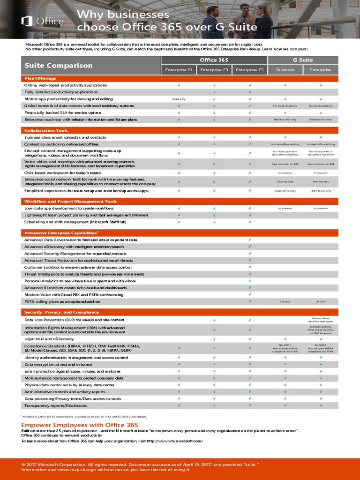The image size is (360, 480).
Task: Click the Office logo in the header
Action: pyautogui.click(x=42, y=21)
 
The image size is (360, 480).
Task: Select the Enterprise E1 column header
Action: pyautogui.click(x=179, y=70)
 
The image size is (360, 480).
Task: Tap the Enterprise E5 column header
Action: pyautogui.click(x=250, y=70)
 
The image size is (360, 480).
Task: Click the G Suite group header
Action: pyautogui.click(x=303, y=60)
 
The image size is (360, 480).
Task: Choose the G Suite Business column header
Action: pyautogui.click(x=285, y=70)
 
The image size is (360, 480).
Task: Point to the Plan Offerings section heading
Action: pyautogui.click(x=40, y=78)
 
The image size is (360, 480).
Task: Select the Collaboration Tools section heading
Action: pyautogui.click(x=46, y=130)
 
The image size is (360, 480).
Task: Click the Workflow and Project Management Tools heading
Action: pyautogui.click(x=70, y=201)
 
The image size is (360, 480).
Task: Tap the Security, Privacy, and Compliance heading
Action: pyautogui.click(x=61, y=312)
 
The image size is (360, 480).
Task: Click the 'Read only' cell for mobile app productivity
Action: pyautogui.click(x=179, y=99)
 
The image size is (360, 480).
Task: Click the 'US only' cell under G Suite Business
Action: pyautogui.click(x=285, y=301)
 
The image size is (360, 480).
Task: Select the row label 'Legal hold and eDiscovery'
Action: pyautogui.click(x=49, y=338)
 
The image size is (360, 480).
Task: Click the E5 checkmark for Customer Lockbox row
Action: pyautogui.click(x=250, y=267)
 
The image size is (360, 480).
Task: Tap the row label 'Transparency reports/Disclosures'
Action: pyautogui.click(x=56, y=405)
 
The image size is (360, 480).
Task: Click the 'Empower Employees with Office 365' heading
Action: pyautogui.click(x=80, y=425)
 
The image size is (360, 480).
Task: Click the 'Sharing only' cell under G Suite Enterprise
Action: pyautogui.click(x=321, y=181)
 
